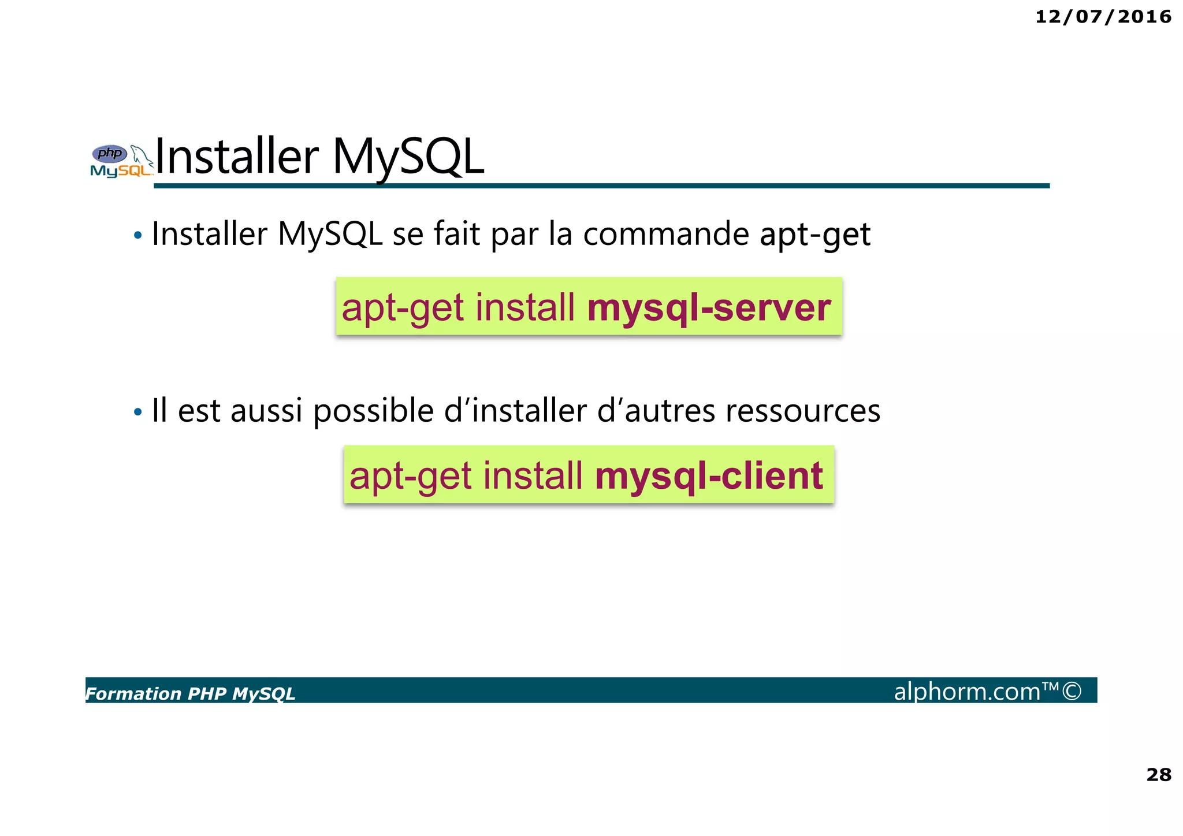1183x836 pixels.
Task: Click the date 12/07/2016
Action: point(1103,17)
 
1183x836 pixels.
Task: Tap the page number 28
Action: point(1158,774)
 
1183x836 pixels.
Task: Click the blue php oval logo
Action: point(110,154)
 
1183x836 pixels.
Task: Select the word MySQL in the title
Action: point(408,157)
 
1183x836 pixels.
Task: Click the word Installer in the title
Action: point(237,157)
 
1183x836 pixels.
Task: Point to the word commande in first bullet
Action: point(666,235)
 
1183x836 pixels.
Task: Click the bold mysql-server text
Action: point(709,307)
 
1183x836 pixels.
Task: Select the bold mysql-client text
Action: point(709,476)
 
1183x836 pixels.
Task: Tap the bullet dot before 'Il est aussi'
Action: point(137,413)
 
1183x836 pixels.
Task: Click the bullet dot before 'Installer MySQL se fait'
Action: point(137,236)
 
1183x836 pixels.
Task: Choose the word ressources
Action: point(803,411)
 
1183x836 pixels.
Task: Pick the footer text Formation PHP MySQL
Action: point(190,693)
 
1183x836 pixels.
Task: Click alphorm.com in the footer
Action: point(967,692)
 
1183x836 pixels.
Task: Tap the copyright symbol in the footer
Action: point(1072,691)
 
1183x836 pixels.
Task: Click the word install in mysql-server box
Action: point(524,307)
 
